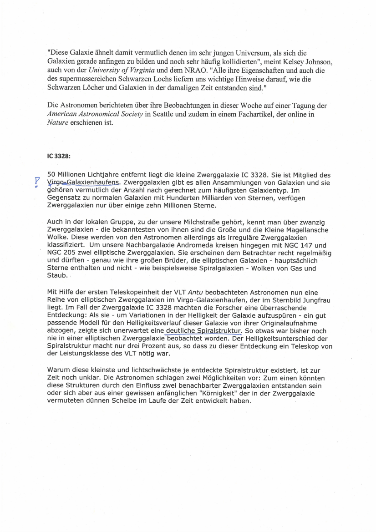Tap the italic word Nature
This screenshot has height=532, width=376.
pos(58,122)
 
